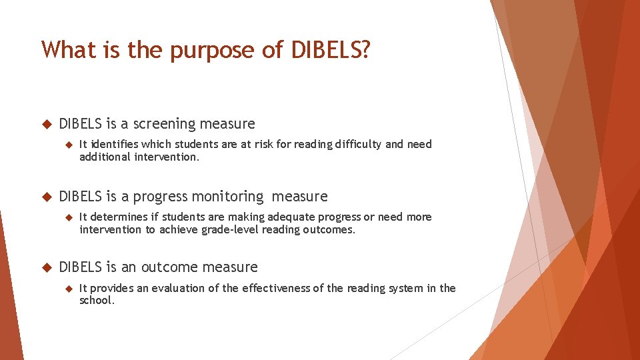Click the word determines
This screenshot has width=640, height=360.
pyautogui.click(x=120, y=217)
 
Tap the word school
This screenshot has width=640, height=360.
pyautogui.click(x=96, y=301)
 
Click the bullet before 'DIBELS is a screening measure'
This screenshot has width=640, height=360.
pyautogui.click(x=47, y=124)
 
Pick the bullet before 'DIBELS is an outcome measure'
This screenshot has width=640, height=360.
pyautogui.click(x=47, y=267)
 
